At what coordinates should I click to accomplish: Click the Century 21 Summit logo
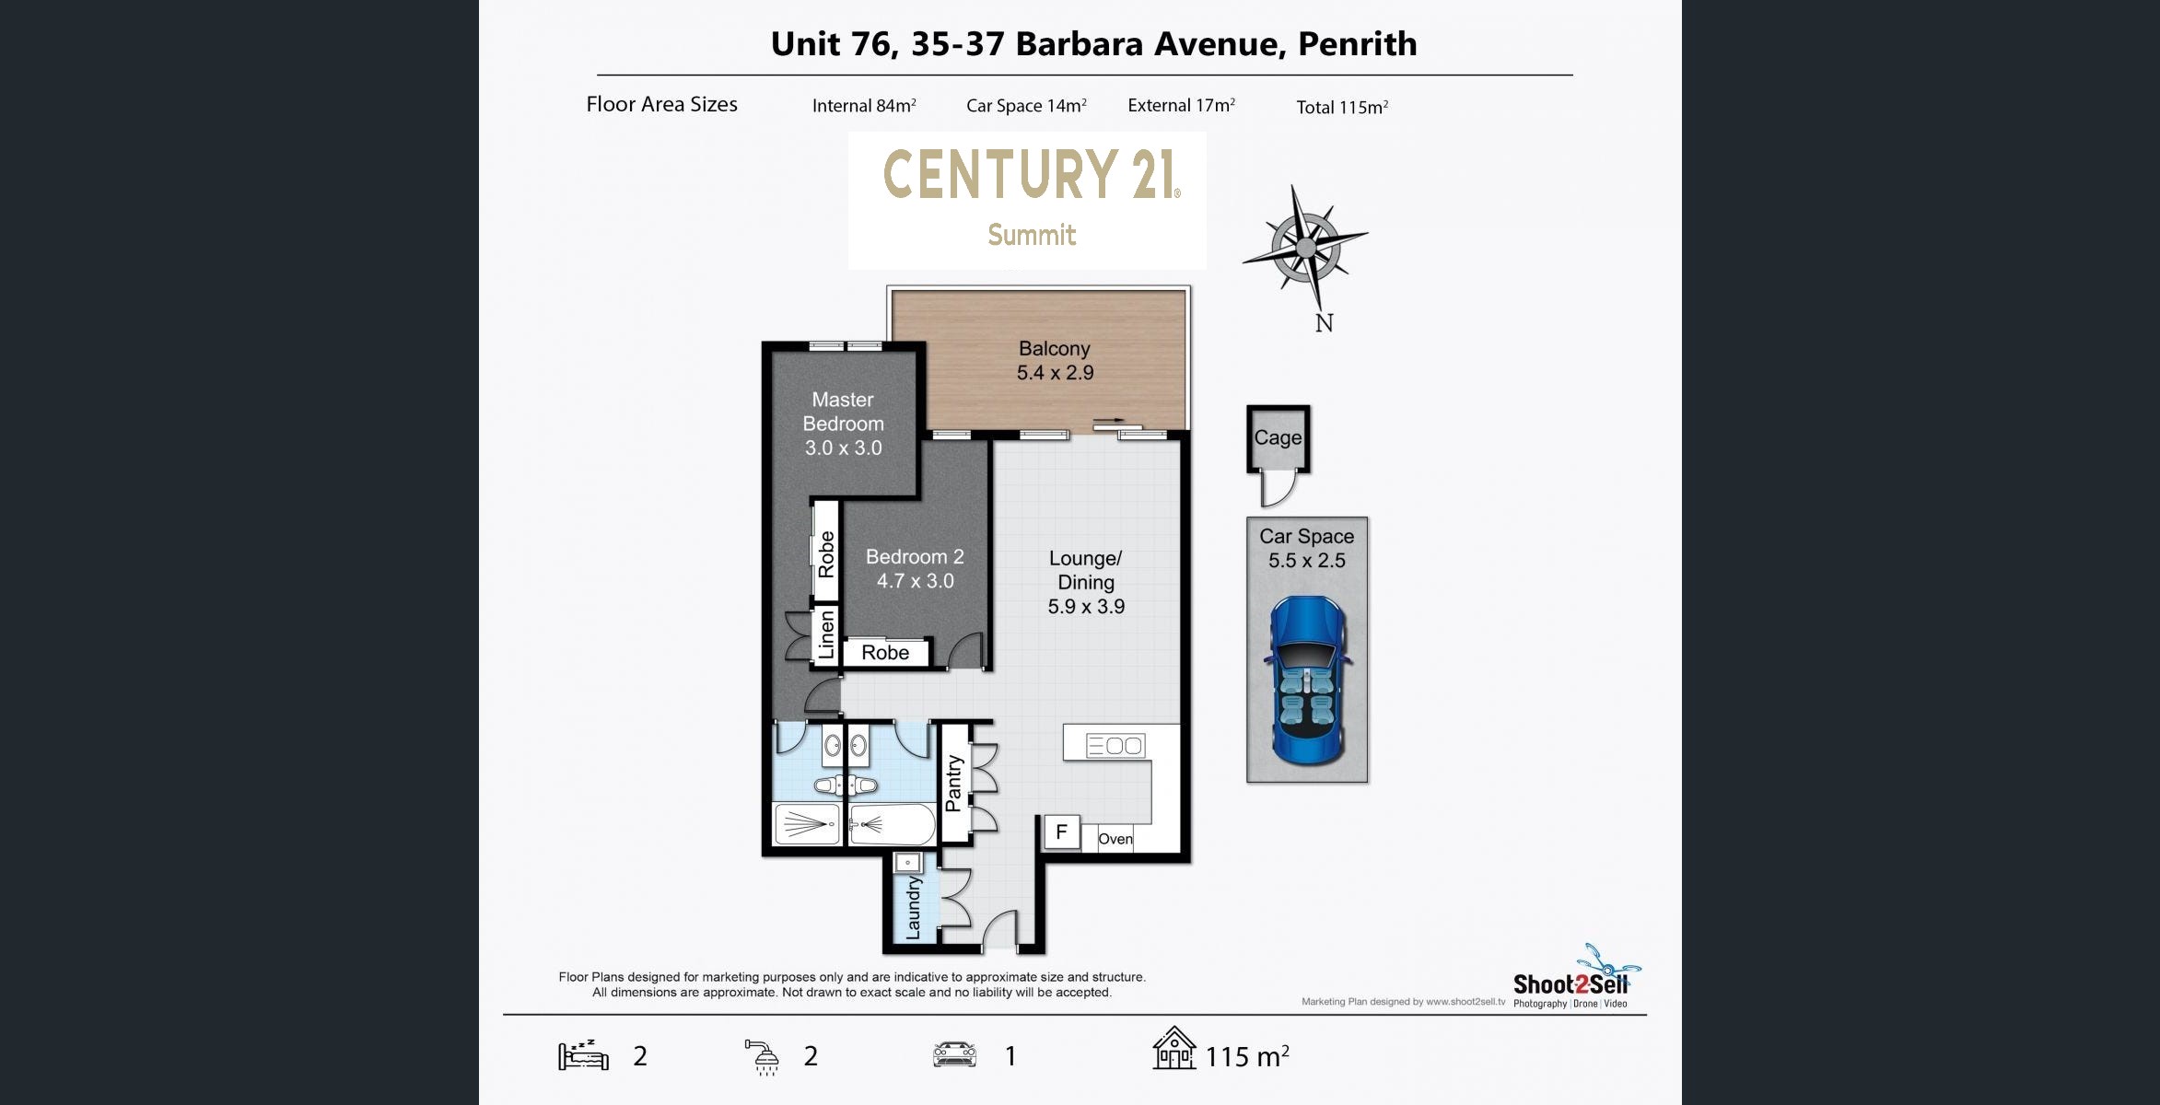1027,200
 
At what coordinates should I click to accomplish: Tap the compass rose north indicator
1305,247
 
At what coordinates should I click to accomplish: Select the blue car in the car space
1307,680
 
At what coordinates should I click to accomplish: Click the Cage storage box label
1278,437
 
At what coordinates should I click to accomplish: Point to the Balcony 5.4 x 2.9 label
1055,360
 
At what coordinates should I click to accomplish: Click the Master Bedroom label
843,412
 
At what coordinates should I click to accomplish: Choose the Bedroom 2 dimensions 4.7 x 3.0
915,581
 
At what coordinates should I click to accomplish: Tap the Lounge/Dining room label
1086,570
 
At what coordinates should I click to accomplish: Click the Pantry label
953,784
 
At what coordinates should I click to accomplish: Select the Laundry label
913,908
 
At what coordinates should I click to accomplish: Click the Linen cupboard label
826,634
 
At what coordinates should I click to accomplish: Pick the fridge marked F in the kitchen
1061,832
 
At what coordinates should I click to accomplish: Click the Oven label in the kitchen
1115,839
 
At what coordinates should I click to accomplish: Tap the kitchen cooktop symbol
1115,745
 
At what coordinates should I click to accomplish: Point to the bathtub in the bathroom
891,824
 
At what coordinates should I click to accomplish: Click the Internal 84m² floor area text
864,106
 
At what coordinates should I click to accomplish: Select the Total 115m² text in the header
1342,107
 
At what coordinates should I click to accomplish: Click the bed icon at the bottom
583,1054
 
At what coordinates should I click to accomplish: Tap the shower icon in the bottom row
763,1056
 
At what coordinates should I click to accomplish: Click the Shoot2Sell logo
1576,979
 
